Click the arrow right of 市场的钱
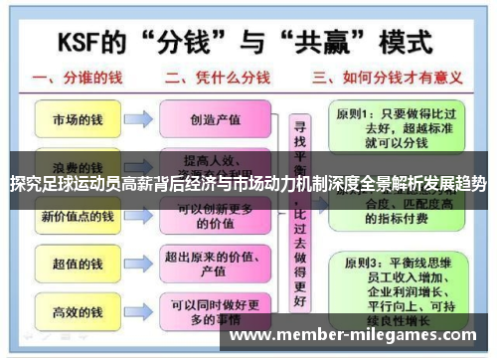tap(138, 119)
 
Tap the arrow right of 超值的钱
tap(138, 265)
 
